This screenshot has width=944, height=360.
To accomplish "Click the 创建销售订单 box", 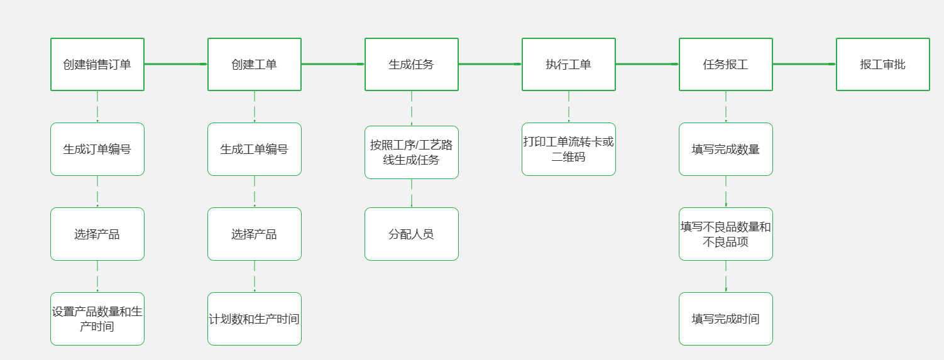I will tap(97, 65).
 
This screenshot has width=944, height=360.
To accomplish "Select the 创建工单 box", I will tap(255, 65).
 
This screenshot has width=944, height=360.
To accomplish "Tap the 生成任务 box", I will tap(412, 65).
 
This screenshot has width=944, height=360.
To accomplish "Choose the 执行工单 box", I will tap(569, 65).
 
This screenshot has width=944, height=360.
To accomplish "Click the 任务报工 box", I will tap(726, 65).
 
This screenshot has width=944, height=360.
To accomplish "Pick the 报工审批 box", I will tap(883, 65).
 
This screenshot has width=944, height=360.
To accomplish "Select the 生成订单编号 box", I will tap(97, 150).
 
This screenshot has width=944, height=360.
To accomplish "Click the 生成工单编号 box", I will tap(255, 150).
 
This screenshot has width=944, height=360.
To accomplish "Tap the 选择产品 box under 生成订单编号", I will tap(97, 234).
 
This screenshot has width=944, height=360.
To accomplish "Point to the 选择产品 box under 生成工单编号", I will tap(255, 234).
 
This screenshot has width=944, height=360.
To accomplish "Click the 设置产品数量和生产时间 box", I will tap(97, 319).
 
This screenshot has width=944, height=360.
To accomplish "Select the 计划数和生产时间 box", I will tap(255, 319).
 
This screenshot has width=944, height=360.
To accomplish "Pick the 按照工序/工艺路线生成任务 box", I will tap(412, 153).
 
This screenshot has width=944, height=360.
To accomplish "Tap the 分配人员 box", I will tap(412, 234).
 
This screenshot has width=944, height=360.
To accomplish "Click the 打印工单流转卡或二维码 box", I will tap(569, 150).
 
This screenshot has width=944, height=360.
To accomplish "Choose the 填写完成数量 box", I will tap(726, 150).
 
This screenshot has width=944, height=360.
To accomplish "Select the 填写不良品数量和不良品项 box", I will tap(726, 234).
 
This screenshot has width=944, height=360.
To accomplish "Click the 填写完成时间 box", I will tap(726, 319).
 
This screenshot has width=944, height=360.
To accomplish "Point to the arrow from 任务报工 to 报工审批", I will tap(804, 64).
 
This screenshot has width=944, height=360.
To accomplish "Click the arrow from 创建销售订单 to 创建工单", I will tap(176, 64).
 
